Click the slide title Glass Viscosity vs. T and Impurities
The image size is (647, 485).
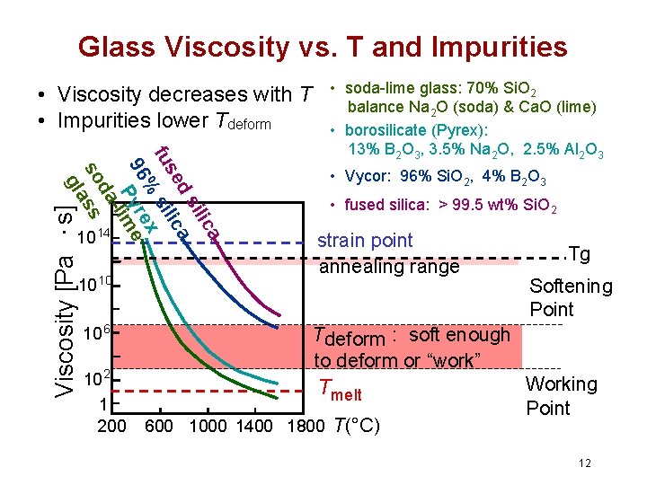pos(323,47)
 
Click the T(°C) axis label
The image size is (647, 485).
pos(356,426)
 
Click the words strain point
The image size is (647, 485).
pos(366,241)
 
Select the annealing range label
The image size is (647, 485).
pos(389,267)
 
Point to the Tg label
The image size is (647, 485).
pos(579,255)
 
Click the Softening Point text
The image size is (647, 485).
pos(570,298)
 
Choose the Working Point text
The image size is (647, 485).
pos(561,396)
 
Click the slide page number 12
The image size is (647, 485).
pos(585,463)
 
